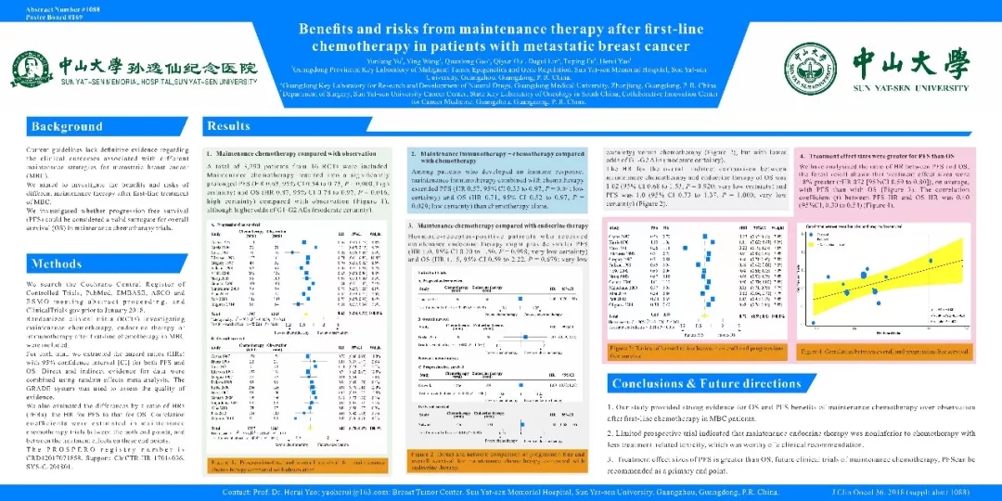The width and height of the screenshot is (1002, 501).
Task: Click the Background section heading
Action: [67, 126]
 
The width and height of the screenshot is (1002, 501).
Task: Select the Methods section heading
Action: [58, 263]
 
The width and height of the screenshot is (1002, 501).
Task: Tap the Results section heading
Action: [229, 125]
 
